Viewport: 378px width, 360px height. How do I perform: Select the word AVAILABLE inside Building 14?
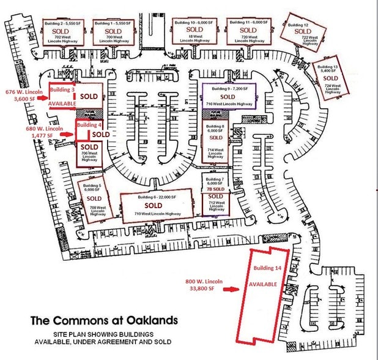pos(263,285)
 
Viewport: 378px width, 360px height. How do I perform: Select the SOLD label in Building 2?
pos(61,31)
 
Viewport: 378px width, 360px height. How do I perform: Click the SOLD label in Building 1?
pos(112,31)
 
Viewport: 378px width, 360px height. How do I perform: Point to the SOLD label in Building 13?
pos(330,78)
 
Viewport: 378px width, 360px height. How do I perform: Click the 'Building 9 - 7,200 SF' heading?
pos(228,89)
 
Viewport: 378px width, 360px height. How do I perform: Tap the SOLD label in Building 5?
pos(94,198)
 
